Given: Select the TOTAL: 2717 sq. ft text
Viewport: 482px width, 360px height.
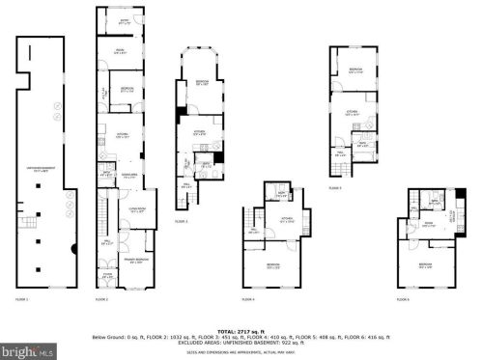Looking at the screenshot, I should pos(241,330).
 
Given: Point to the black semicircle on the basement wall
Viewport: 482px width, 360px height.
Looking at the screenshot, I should pos(74,250).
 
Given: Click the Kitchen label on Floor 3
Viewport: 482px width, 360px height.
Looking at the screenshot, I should pos(198,132).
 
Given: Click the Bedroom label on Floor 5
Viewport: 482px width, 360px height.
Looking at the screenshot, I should pos(355,69).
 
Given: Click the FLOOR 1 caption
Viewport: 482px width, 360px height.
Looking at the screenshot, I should pos(22,301).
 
